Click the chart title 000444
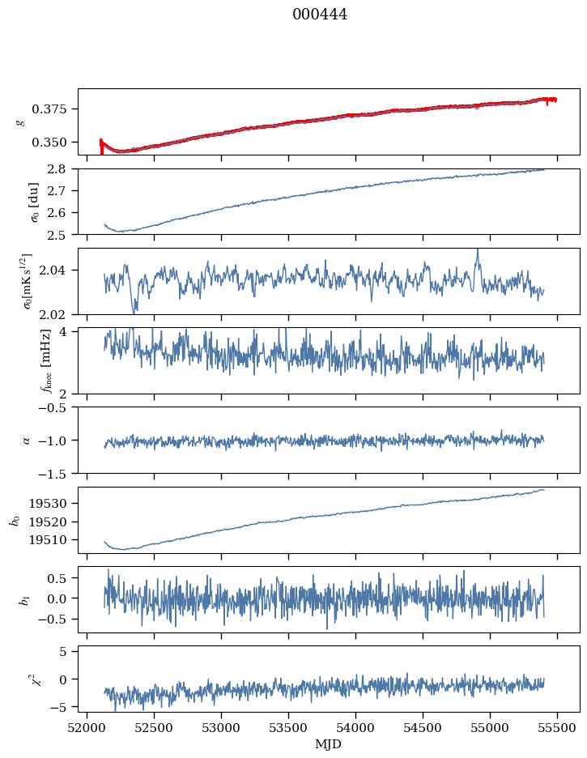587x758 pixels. coord(320,15)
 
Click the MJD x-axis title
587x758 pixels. coord(329,744)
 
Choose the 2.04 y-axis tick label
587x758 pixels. coord(60,270)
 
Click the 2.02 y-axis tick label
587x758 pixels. coord(60,314)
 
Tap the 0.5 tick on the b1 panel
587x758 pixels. coord(63,579)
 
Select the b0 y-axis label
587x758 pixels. coord(14,519)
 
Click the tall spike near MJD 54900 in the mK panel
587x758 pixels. coord(478,251)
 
